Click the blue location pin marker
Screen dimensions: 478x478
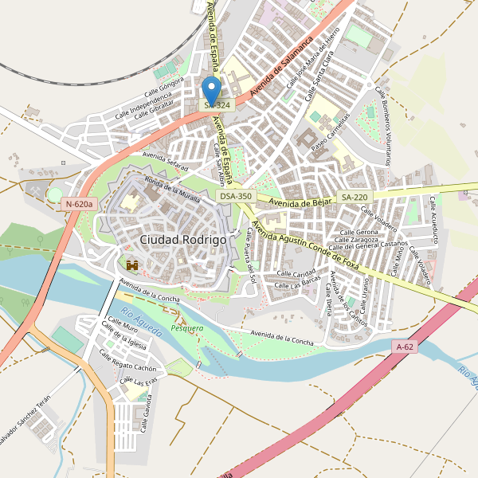[211, 89]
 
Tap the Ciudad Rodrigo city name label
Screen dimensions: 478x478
[182, 239]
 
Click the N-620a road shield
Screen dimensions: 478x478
[79, 205]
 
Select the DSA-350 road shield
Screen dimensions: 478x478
[236, 196]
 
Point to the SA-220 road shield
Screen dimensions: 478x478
[355, 196]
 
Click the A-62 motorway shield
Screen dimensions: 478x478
[406, 347]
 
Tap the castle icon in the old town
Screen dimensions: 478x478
[132, 264]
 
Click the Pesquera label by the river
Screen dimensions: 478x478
[187, 327]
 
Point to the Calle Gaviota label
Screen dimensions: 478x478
[147, 416]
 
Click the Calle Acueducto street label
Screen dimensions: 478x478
[435, 219]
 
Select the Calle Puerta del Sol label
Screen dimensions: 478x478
[251, 255]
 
